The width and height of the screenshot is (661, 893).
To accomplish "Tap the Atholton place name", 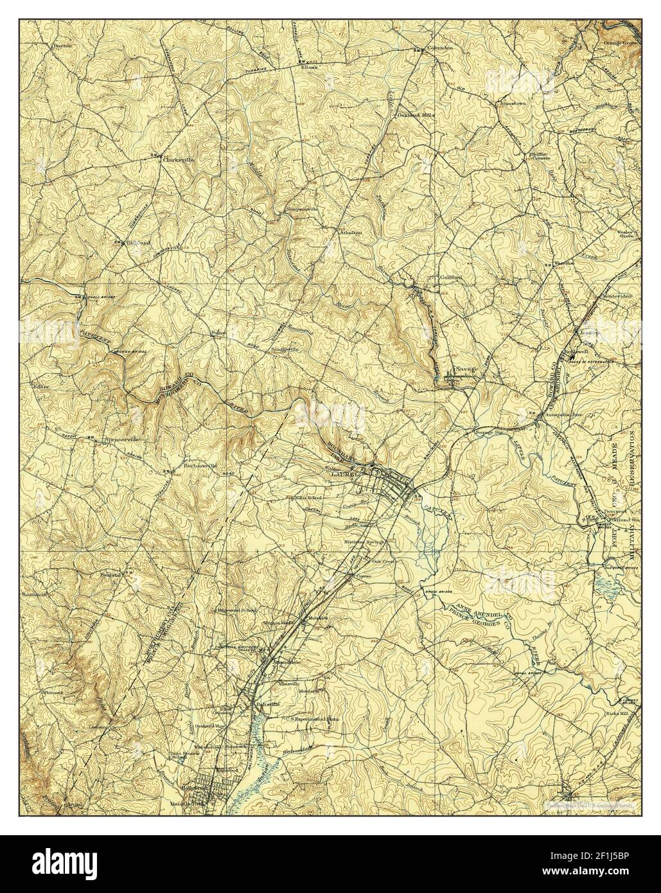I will (351, 232).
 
